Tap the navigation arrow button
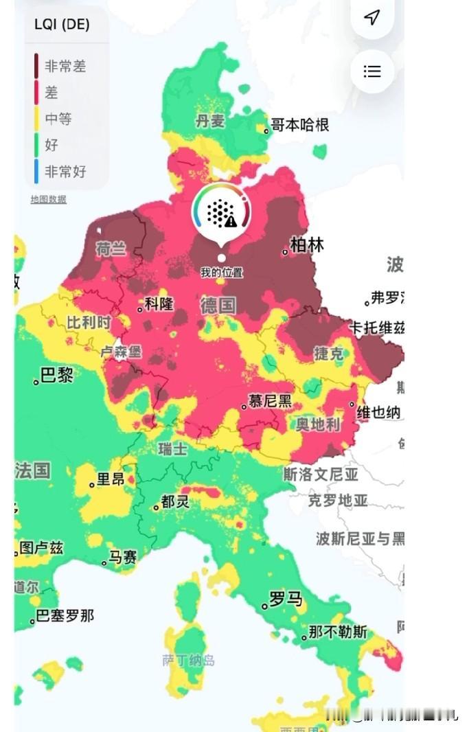(372, 17)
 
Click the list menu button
(372, 71)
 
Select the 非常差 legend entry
(65, 67)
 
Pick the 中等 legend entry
(58, 119)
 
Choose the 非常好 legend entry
(65, 171)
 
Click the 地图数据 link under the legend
(48, 199)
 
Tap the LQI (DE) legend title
(62, 25)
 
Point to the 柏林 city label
(307, 245)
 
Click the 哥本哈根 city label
(300, 124)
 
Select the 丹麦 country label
(210, 122)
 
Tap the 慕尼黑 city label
(270, 401)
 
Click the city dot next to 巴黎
(36, 381)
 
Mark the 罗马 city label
(286, 599)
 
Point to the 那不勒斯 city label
(338, 632)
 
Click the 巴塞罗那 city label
(65, 616)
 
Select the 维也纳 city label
(378, 412)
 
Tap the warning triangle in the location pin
(231, 221)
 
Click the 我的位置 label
(221, 273)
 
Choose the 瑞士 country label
(172, 449)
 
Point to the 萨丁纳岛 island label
(188, 661)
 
